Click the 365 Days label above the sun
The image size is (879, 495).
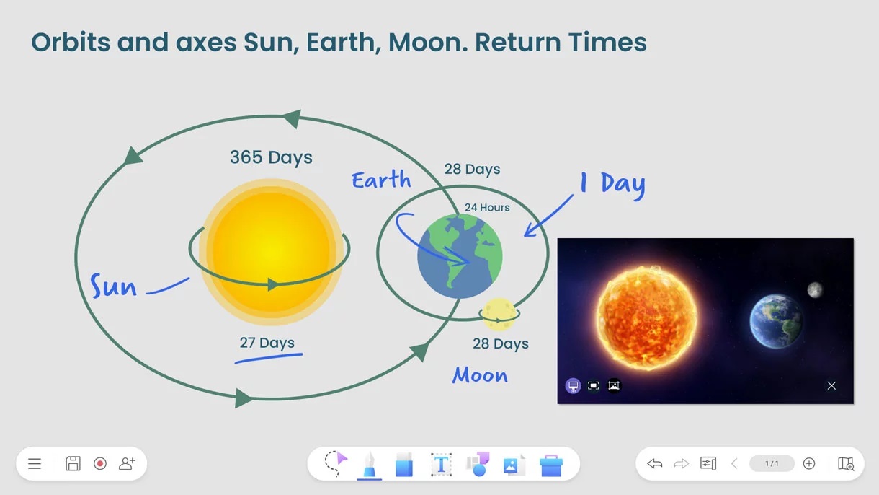[x=271, y=157]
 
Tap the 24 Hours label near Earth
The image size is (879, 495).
[x=487, y=207]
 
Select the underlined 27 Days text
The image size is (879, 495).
[x=267, y=343]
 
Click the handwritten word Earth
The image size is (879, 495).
[x=381, y=180]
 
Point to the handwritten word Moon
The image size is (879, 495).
[x=480, y=374]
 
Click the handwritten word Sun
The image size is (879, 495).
[x=113, y=286]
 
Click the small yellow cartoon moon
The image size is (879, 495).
[x=499, y=313]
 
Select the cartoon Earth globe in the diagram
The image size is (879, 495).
[x=460, y=256]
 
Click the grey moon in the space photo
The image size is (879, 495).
[x=815, y=290]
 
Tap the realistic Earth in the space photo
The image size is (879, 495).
[x=776, y=321]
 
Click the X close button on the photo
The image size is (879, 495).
[x=831, y=386]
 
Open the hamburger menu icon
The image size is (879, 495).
[x=35, y=463]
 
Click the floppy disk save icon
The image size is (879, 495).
[x=73, y=463]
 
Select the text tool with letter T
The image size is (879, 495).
[x=441, y=465]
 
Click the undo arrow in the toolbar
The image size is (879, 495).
[x=654, y=463]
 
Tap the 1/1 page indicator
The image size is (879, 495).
[x=772, y=463]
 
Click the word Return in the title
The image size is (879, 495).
[x=518, y=42]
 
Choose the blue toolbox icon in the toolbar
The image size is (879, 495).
[x=551, y=465]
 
